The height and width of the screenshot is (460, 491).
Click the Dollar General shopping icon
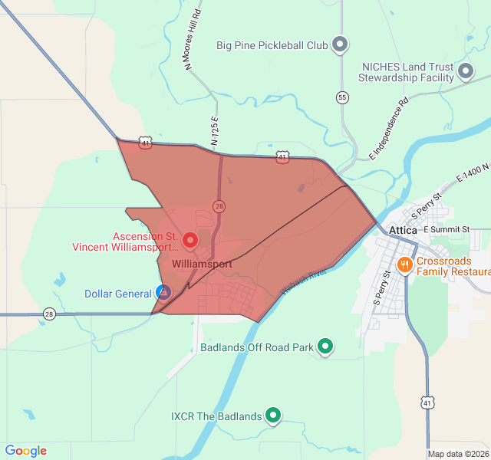(x=163, y=292)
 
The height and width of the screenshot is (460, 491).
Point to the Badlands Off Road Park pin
(x=325, y=347)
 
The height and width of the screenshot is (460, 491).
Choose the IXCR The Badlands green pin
(x=273, y=416)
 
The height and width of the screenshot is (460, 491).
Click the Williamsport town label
(x=203, y=263)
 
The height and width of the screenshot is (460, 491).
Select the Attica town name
(x=403, y=230)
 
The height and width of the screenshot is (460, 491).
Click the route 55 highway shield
(x=342, y=97)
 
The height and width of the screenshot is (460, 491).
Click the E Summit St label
(x=445, y=229)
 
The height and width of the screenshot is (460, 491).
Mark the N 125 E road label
(x=216, y=131)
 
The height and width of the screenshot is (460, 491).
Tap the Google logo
(x=25, y=451)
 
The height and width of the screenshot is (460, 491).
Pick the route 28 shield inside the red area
(x=220, y=206)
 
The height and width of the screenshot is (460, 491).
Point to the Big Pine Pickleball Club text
(x=272, y=45)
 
